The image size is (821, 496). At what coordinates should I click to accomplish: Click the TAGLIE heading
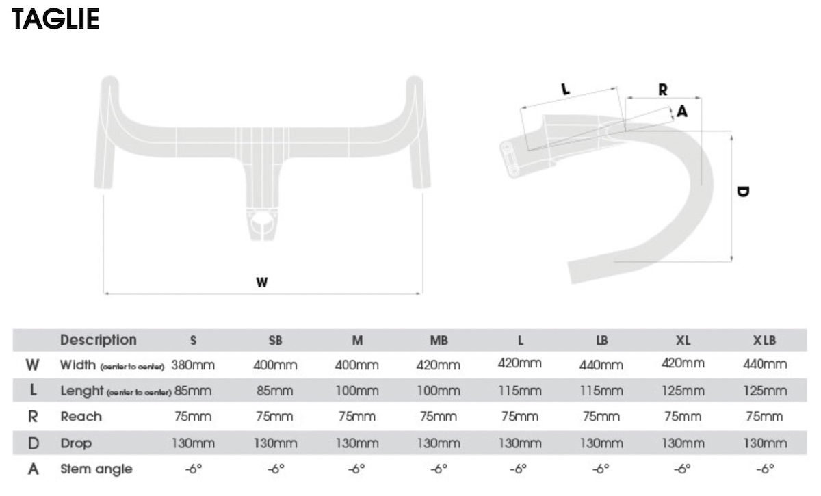55,18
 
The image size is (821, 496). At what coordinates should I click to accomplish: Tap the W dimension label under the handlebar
262,281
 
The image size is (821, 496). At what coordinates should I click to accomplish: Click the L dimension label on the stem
565,89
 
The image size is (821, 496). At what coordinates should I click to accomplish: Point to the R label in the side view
662,89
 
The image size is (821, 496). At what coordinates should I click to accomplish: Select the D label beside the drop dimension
743,192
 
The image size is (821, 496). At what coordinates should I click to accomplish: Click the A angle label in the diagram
681,112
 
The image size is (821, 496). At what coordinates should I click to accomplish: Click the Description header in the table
99,340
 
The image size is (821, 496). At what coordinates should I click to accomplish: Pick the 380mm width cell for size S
193,365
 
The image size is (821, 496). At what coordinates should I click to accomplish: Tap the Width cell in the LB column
601,365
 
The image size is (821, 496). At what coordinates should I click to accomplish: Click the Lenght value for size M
356,391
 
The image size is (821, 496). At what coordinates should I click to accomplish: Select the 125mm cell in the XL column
683,391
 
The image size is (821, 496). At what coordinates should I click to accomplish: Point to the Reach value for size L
519,417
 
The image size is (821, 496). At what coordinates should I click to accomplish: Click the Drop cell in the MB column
438,443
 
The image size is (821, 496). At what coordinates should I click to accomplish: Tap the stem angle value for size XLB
765,469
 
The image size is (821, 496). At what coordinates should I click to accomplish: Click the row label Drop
76,443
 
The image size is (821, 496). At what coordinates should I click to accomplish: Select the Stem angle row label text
96,469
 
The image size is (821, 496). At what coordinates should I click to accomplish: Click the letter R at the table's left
32,417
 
